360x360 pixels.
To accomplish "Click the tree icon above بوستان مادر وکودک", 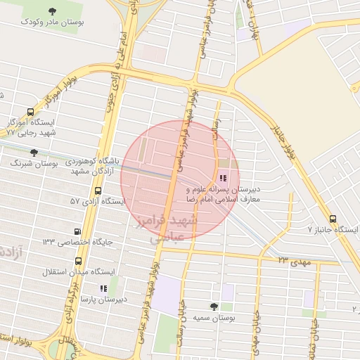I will tap(53, 11).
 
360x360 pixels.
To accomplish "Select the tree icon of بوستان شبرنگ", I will tap(34, 152).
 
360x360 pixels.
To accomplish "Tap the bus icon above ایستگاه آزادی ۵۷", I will tap(97, 191).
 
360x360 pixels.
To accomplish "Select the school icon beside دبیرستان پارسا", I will tap(103, 288).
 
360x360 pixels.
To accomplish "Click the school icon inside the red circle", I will tap(224, 178).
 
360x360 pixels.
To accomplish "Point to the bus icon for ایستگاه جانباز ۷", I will tap(332, 218).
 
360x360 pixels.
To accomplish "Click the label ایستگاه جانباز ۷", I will tap(333, 230).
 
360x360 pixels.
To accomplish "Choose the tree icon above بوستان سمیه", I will tap(214, 307).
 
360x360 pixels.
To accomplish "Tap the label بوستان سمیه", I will tap(214, 319).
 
